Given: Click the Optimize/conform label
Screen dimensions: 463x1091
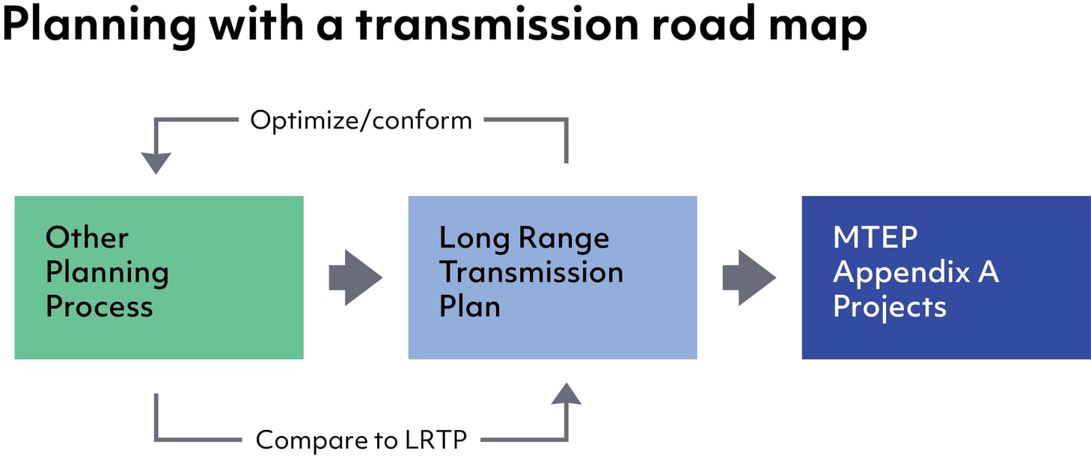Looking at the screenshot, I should coord(361,120).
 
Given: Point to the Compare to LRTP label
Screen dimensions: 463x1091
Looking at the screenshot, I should coord(361,440).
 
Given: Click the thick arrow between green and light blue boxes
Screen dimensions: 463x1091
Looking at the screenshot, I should coord(355,278).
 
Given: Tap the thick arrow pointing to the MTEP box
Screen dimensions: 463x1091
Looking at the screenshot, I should coord(749,278).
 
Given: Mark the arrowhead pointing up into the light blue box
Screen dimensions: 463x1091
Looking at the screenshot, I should coord(566,393).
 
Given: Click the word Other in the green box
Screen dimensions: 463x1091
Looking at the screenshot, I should coord(87,238).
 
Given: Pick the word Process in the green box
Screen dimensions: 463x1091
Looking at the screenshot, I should coord(99,307).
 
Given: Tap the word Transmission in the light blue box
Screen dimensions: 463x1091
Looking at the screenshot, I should coord(531,272).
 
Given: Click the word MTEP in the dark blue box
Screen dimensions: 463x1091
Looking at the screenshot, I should coord(875,238).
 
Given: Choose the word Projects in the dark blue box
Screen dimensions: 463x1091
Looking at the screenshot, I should coord(890,307).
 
